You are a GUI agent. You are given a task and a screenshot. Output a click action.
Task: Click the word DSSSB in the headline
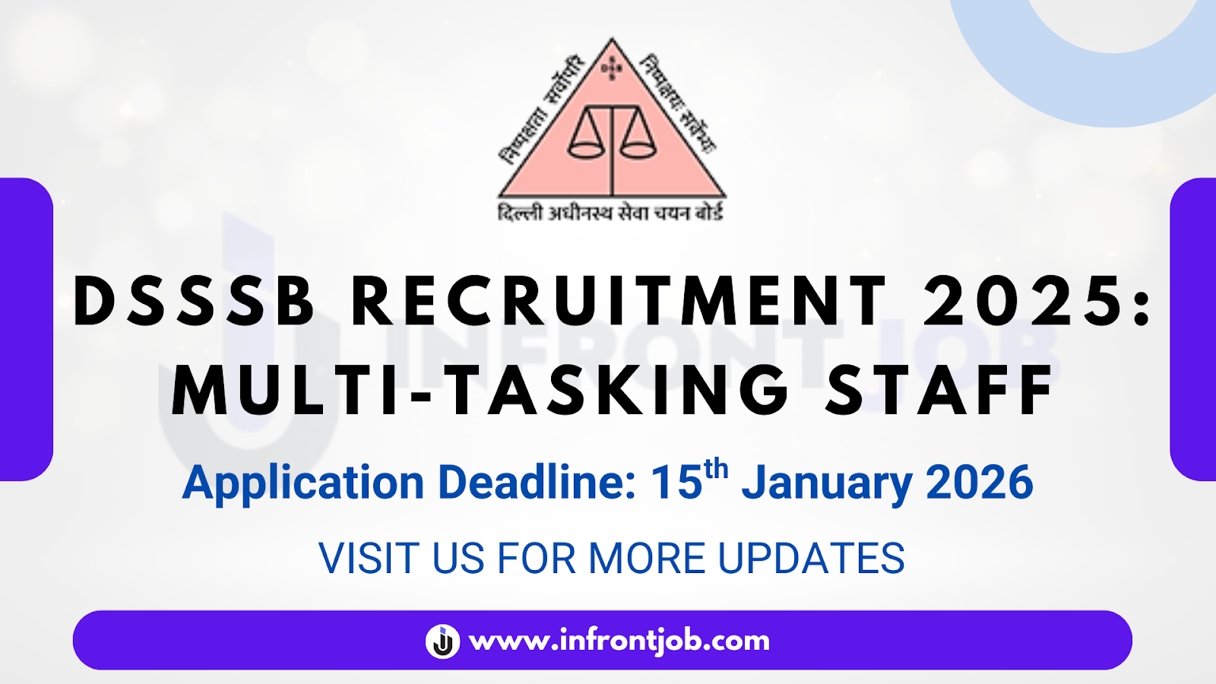click(194, 302)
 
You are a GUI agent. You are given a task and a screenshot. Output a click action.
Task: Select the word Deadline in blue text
click(537, 483)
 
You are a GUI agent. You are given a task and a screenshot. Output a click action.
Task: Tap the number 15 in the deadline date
click(676, 483)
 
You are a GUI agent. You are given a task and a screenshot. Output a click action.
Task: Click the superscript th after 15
click(715, 470)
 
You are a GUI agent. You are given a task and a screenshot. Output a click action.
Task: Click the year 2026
click(980, 483)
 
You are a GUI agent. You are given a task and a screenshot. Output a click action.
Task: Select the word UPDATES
click(811, 559)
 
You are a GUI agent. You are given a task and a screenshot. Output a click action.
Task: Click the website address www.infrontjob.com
click(619, 641)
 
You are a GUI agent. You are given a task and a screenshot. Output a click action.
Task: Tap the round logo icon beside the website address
click(442, 641)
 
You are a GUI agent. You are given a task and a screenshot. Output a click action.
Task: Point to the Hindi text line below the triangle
click(610, 212)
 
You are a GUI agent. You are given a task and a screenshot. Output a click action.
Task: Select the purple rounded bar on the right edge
click(1193, 329)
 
